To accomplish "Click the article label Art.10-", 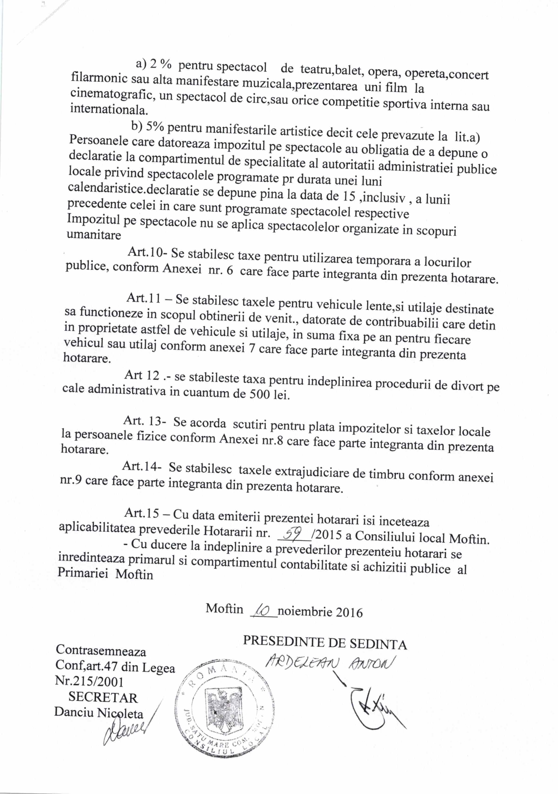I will click(147, 252).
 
